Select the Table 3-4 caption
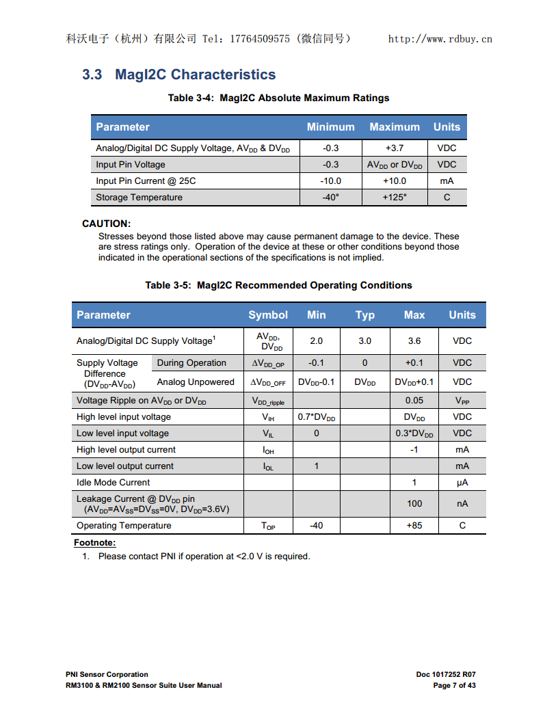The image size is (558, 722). click(x=278, y=98)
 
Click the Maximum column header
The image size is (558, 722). click(x=395, y=126)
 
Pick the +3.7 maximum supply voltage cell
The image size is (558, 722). click(x=395, y=148)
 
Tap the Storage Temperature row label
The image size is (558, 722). click(x=139, y=198)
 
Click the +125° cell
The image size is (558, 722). click(x=395, y=198)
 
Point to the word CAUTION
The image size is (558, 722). click(x=106, y=224)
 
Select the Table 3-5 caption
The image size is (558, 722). click(x=278, y=285)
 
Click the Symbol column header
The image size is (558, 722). click(x=268, y=315)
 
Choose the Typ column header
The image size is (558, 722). click(x=365, y=315)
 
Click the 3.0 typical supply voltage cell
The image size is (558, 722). click(x=365, y=340)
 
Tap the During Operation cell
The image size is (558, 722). click(x=191, y=363)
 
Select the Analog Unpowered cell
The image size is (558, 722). click(x=196, y=382)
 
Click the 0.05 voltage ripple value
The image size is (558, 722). click(x=414, y=401)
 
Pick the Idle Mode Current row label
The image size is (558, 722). click(x=113, y=483)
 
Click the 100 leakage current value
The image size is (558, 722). click(x=414, y=504)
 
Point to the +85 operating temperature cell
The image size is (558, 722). click(x=414, y=526)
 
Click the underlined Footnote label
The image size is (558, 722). click(x=95, y=543)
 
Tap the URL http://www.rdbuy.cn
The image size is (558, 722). click(x=440, y=39)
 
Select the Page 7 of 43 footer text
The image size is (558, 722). click(x=454, y=685)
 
